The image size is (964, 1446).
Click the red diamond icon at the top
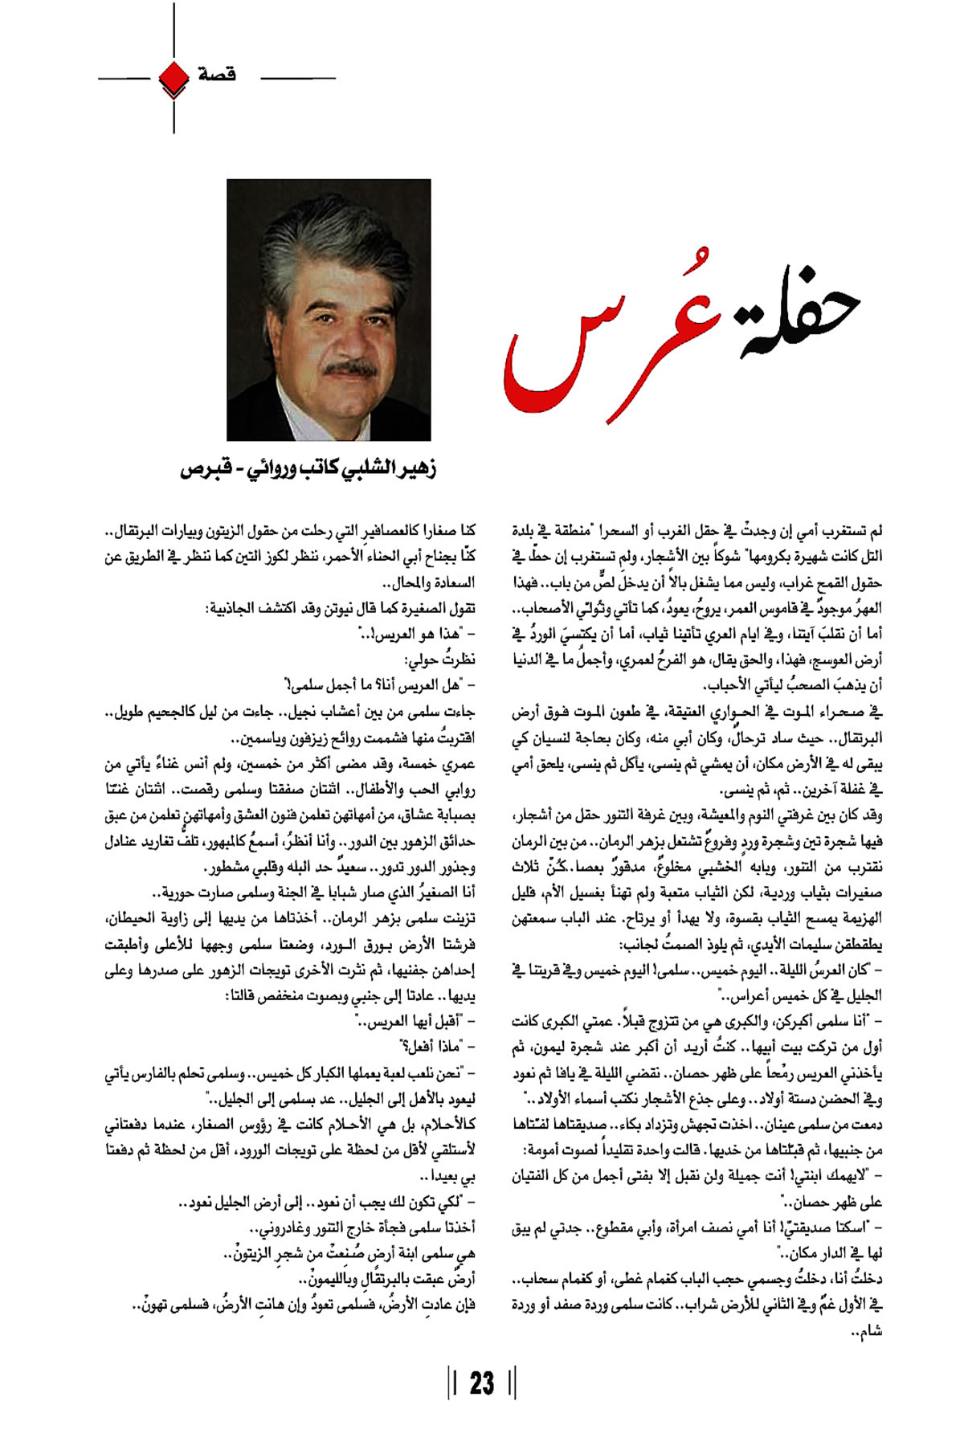click(x=174, y=77)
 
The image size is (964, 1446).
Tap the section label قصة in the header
click(x=217, y=75)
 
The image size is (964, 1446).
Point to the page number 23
click(x=482, y=1383)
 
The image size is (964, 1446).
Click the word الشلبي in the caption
click(x=366, y=469)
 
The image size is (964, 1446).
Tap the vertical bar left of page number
click(x=454, y=1383)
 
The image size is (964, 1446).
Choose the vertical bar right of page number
click(x=512, y=1383)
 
